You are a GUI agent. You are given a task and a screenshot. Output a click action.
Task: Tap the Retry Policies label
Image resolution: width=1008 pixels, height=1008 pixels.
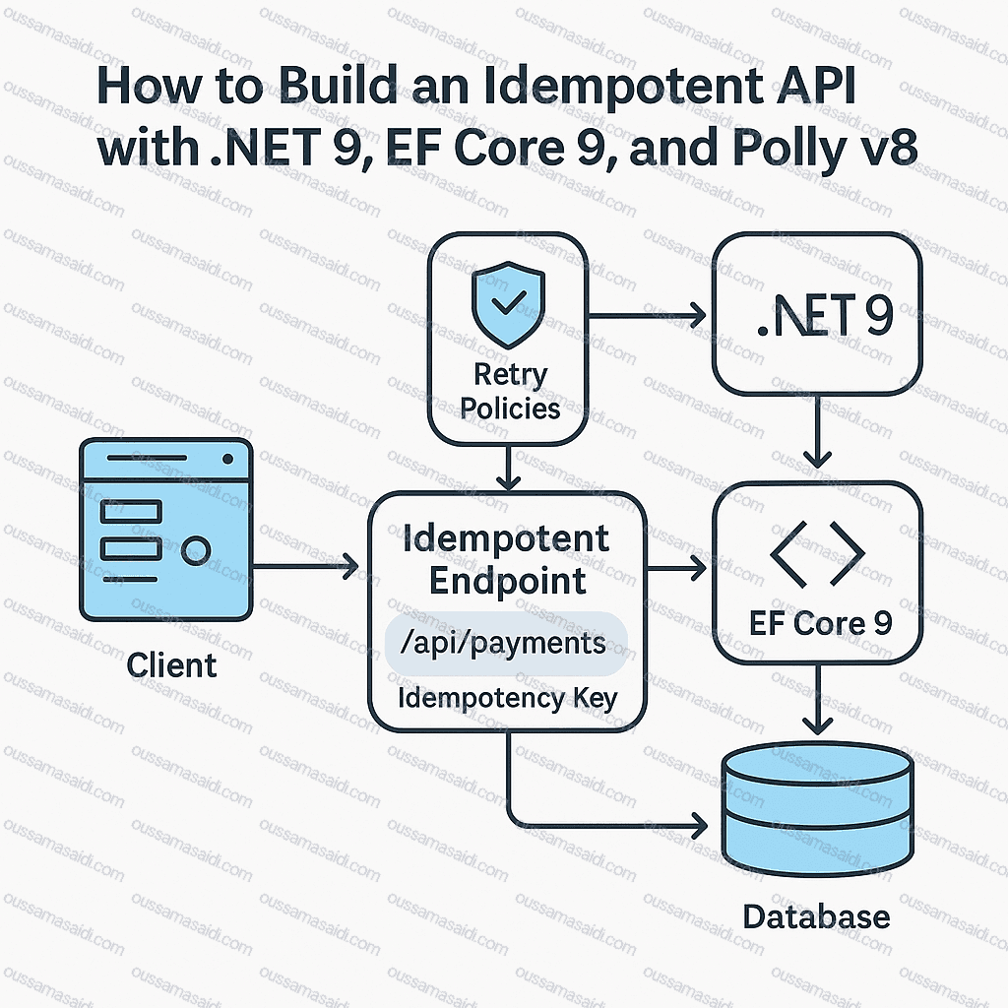pos(510,391)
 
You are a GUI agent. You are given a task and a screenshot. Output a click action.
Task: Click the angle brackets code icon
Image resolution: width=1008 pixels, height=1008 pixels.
pos(817,553)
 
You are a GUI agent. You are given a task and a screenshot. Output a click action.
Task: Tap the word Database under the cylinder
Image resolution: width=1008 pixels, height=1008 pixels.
pos(816,916)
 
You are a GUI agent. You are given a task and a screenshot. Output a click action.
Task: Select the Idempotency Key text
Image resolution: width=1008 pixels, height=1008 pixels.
pos(507,699)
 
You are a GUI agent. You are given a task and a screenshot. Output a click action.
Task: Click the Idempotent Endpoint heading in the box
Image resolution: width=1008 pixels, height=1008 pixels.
pos(507,559)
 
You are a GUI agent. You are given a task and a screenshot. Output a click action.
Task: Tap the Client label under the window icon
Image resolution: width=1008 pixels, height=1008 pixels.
pos(171,666)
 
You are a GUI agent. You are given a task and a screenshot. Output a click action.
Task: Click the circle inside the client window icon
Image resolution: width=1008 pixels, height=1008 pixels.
pos(197,550)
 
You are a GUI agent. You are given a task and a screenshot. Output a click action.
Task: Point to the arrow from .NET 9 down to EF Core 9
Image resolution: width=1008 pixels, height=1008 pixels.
pos(818,433)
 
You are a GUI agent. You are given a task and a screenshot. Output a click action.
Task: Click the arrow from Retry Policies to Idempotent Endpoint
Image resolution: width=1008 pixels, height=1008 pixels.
pos(507,467)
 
